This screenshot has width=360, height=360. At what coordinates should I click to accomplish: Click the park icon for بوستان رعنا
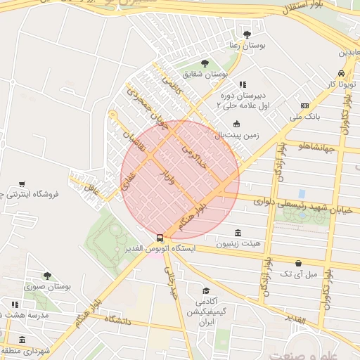coord(246,34)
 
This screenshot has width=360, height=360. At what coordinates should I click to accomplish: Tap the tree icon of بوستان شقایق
coord(205,63)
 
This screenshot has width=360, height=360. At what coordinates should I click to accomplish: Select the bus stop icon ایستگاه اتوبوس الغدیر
coord(160,238)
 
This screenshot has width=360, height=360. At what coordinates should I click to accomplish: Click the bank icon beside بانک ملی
coord(304,105)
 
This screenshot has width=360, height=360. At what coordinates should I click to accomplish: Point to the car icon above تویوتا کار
coord(341,73)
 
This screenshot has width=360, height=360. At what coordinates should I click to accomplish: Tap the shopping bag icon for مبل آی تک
coord(299,263)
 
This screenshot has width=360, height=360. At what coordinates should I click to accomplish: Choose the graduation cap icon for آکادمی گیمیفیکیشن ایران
coord(206,291)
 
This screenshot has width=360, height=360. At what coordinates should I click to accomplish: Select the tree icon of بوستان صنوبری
coord(47,276)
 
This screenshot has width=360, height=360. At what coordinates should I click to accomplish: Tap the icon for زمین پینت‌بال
coord(236,124)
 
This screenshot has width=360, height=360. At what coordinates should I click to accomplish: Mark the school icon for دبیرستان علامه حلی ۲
coord(243,84)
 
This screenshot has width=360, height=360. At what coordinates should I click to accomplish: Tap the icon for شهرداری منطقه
coord(22,340)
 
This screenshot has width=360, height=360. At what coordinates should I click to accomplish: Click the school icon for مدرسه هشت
coord(15,305)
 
